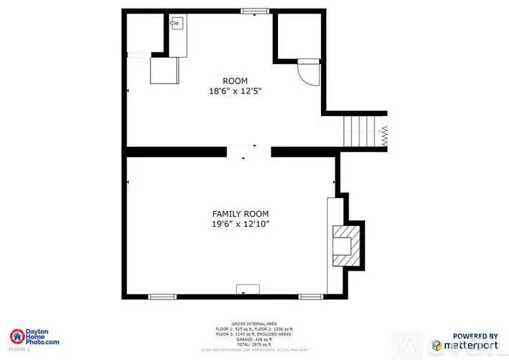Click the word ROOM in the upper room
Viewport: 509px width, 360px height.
[235, 81]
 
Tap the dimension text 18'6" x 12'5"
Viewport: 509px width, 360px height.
[235, 91]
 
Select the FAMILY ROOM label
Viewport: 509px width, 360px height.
[240, 214]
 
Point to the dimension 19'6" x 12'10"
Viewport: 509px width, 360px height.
[240, 225]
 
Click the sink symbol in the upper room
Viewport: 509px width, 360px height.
[175, 23]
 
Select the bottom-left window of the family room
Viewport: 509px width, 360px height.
[161, 296]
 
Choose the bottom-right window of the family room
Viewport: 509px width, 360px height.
[310, 296]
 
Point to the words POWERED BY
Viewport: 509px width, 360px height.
[474, 336]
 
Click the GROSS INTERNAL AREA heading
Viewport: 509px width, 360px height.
[254, 324]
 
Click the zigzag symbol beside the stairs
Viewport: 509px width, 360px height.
[384, 135]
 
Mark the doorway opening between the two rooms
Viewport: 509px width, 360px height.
[250, 151]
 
